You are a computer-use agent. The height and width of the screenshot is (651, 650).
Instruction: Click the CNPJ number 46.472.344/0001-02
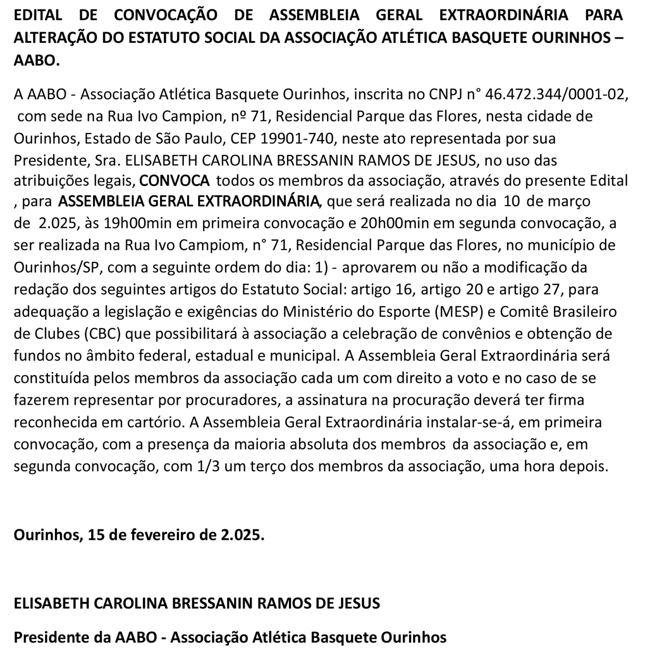[556, 94]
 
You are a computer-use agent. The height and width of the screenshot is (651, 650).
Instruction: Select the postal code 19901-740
[296, 139]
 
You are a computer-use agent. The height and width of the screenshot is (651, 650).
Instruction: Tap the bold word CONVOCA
[174, 180]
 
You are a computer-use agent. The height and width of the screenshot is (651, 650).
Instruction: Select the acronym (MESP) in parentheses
[459, 311]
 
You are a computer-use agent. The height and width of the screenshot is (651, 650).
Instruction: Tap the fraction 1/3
[208, 466]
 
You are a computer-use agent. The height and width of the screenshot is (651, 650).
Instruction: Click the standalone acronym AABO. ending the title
[37, 60]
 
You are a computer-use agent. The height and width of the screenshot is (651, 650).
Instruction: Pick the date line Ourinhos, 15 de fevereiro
[139, 535]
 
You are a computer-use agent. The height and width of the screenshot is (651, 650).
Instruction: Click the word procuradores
[235, 400]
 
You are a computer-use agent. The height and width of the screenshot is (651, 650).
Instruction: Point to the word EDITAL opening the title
[38, 15]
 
